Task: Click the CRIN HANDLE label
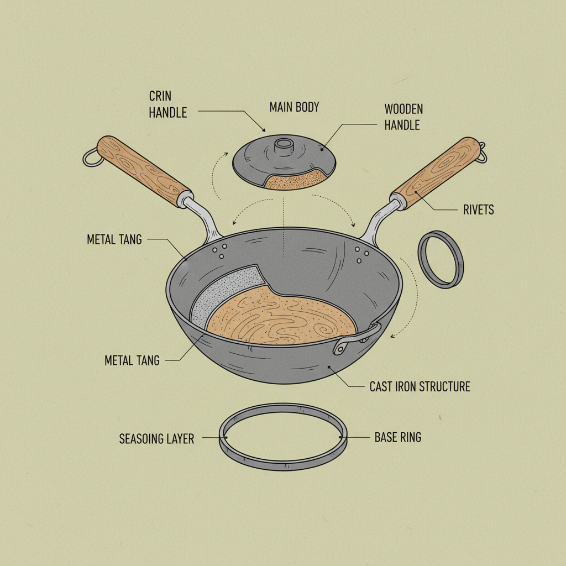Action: pyautogui.click(x=167, y=104)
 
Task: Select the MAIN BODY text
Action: pyautogui.click(x=294, y=107)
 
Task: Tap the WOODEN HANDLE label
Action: pyautogui.click(x=403, y=116)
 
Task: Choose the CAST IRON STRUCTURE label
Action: pyautogui.click(x=420, y=386)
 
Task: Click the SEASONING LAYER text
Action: pyautogui.click(x=156, y=439)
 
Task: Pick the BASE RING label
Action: pyautogui.click(x=397, y=437)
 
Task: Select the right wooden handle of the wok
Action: pyautogui.click(x=437, y=172)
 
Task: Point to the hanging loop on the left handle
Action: pyautogui.click(x=91, y=158)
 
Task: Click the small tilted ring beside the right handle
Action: pyautogui.click(x=441, y=259)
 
